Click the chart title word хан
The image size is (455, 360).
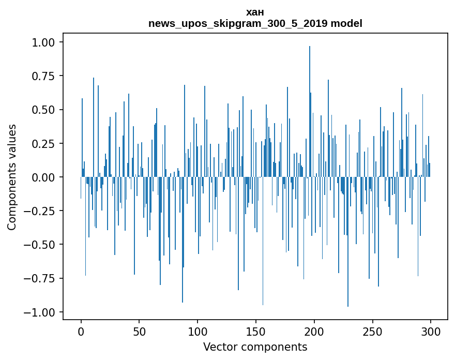[255, 12]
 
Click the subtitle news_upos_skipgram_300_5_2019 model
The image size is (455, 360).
[255, 23]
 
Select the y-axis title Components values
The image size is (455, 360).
[12, 177]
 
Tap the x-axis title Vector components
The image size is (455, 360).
[255, 347]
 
